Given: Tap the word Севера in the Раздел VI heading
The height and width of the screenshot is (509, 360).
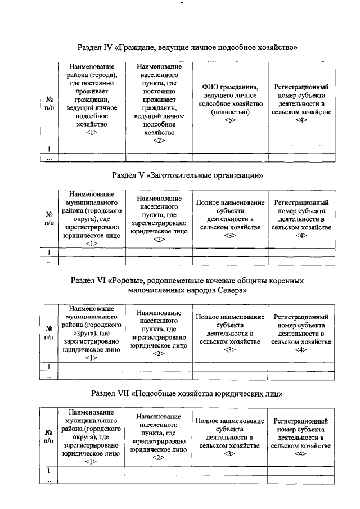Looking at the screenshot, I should (x=231, y=291).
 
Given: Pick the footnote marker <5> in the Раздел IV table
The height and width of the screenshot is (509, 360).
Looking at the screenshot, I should (x=229, y=120).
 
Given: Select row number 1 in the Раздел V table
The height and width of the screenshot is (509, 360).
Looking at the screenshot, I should (x=49, y=252).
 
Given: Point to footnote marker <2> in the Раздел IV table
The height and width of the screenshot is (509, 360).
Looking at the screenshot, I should (x=159, y=141).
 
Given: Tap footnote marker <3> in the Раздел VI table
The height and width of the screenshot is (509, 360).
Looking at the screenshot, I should (x=229, y=350).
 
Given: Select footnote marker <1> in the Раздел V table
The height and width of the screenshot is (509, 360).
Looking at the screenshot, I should (x=91, y=244).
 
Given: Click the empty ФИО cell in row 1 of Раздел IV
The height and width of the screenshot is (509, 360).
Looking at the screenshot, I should (x=229, y=149).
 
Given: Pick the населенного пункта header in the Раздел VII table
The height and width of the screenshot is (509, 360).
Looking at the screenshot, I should (x=159, y=429).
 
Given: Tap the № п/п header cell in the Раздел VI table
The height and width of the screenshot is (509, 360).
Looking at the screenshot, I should (x=49, y=332).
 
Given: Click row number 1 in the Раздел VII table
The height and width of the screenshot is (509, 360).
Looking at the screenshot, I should (x=49, y=470).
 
